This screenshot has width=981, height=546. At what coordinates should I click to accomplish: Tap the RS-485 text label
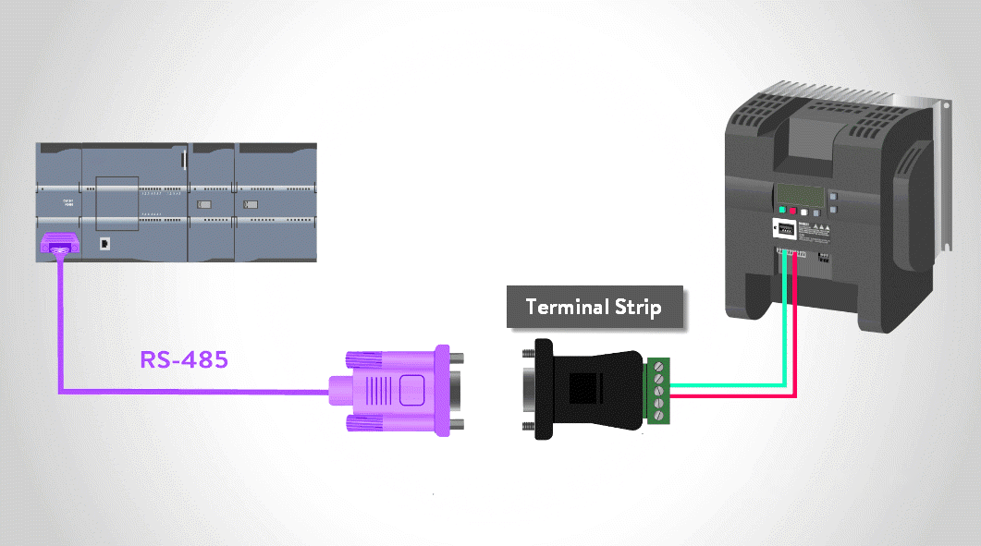click(183, 359)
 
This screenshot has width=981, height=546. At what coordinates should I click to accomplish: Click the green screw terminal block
click(657, 390)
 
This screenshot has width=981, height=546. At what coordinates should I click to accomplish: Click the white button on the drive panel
click(803, 212)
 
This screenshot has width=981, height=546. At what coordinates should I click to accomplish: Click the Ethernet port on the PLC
click(106, 244)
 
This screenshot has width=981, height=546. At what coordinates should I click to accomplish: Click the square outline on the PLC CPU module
click(117, 201)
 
